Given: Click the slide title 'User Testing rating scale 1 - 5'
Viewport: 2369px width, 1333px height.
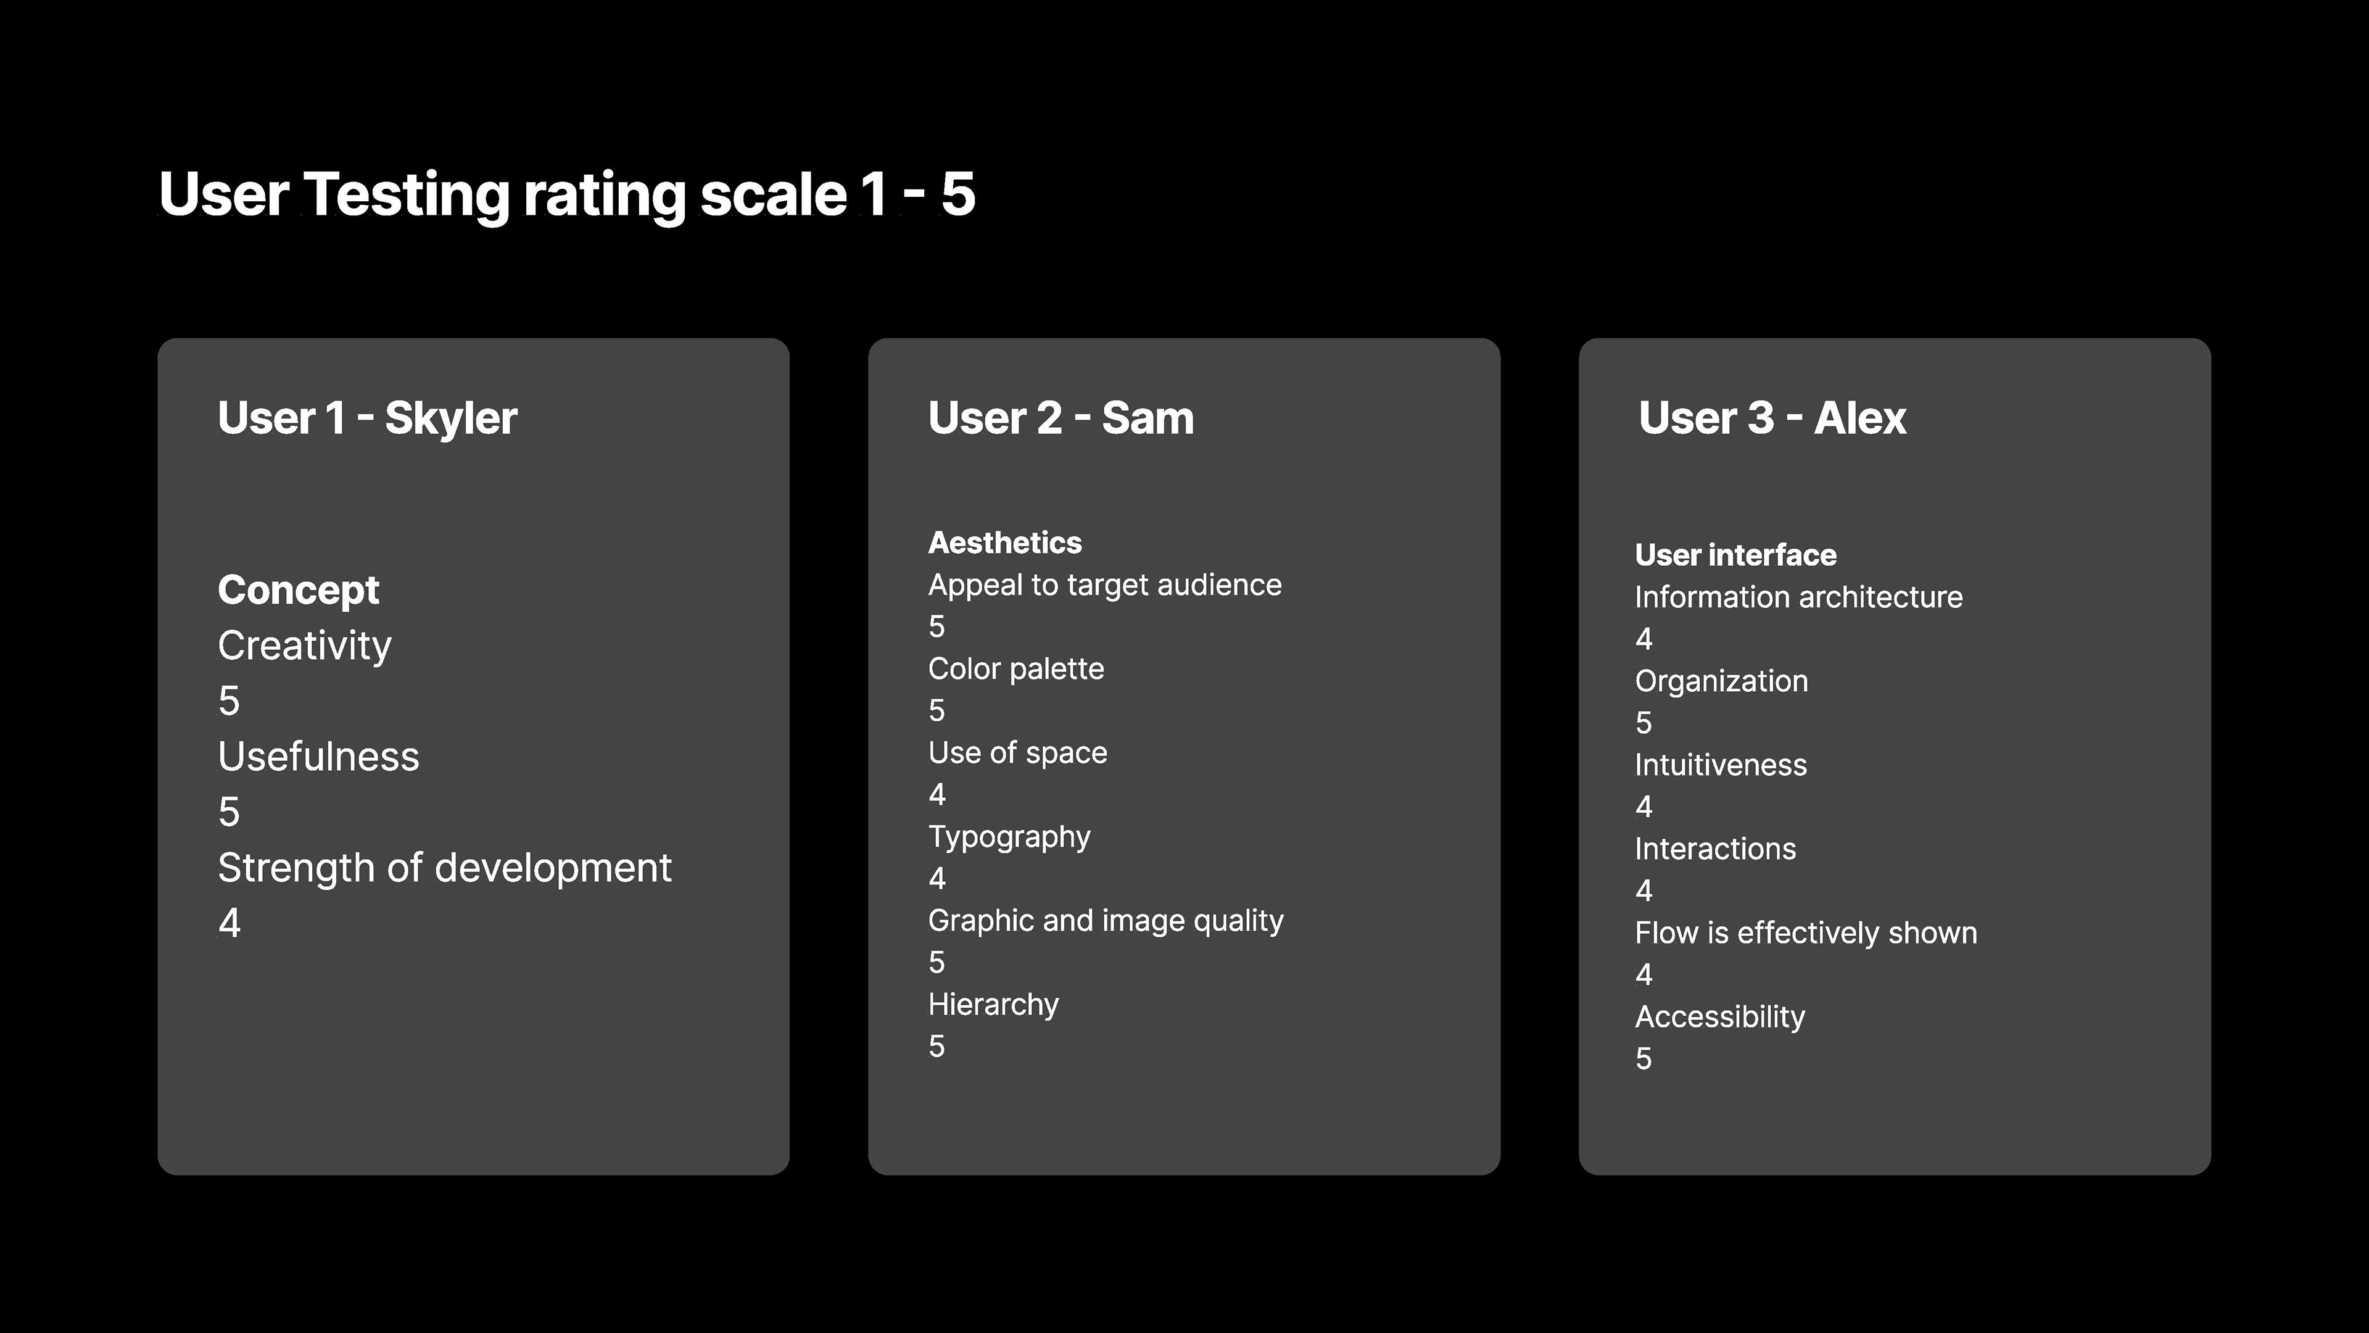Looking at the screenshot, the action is [566, 195].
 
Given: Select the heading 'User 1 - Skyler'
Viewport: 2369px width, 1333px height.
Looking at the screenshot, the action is [368, 418].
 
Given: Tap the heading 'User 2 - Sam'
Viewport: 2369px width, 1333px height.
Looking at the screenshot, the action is [1061, 418].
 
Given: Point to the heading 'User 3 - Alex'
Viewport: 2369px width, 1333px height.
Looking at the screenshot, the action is [1772, 418].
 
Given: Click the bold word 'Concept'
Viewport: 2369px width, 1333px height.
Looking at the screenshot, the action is [298, 591].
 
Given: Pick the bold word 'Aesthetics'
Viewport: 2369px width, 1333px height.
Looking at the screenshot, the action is [1005, 543].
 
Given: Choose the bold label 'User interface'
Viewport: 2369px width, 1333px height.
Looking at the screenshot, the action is [1735, 555].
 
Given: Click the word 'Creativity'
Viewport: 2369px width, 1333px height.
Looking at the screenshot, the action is [304, 646].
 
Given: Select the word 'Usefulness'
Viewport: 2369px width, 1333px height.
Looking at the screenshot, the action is [318, 757].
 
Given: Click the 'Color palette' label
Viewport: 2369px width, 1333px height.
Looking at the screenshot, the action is [1016, 669].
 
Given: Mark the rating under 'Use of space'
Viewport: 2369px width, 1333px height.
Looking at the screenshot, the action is [937, 794].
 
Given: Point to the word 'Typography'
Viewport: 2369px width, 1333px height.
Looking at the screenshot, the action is [1009, 837].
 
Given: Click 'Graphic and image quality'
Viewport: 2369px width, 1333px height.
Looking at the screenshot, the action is [1106, 921].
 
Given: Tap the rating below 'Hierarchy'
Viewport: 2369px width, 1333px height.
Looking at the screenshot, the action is [937, 1046].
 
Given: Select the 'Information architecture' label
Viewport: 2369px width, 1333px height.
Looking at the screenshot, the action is [1799, 597].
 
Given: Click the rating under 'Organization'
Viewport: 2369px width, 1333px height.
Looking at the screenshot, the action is [1643, 723].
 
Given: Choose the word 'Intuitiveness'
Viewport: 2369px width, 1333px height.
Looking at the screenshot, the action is [1721, 765].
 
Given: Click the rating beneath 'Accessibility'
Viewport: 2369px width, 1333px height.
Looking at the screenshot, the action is [1643, 1059].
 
